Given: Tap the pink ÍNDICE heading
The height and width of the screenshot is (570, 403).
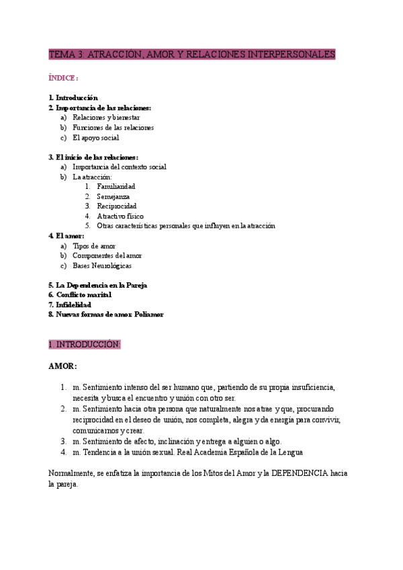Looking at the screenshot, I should pyautogui.click(x=63, y=78).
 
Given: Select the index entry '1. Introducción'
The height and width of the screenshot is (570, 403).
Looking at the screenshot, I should pyautogui.click(x=73, y=97).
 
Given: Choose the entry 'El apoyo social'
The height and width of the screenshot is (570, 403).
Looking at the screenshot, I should pyautogui.click(x=95, y=138).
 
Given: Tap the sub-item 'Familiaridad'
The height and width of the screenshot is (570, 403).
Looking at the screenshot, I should pyautogui.click(x=116, y=186).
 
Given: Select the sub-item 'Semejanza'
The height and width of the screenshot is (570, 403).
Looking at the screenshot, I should pyautogui.click(x=113, y=196).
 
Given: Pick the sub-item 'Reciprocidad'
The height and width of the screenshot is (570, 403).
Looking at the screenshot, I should pyautogui.click(x=116, y=206).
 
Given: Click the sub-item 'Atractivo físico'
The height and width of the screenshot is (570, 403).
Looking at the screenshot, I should pyautogui.click(x=120, y=216).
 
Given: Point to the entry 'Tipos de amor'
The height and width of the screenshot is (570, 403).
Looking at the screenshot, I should pyautogui.click(x=94, y=246).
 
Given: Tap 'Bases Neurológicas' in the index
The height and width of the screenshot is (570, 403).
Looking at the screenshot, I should pyautogui.click(x=102, y=266).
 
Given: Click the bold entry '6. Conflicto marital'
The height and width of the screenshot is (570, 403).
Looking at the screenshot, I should pyautogui.click(x=80, y=294).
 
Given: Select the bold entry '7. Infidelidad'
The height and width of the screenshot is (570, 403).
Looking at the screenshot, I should pyautogui.click(x=70, y=304).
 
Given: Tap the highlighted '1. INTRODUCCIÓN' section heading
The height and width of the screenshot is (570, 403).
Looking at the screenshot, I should pyautogui.click(x=84, y=344).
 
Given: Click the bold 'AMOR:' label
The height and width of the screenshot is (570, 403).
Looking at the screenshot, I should pyautogui.click(x=62, y=366).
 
